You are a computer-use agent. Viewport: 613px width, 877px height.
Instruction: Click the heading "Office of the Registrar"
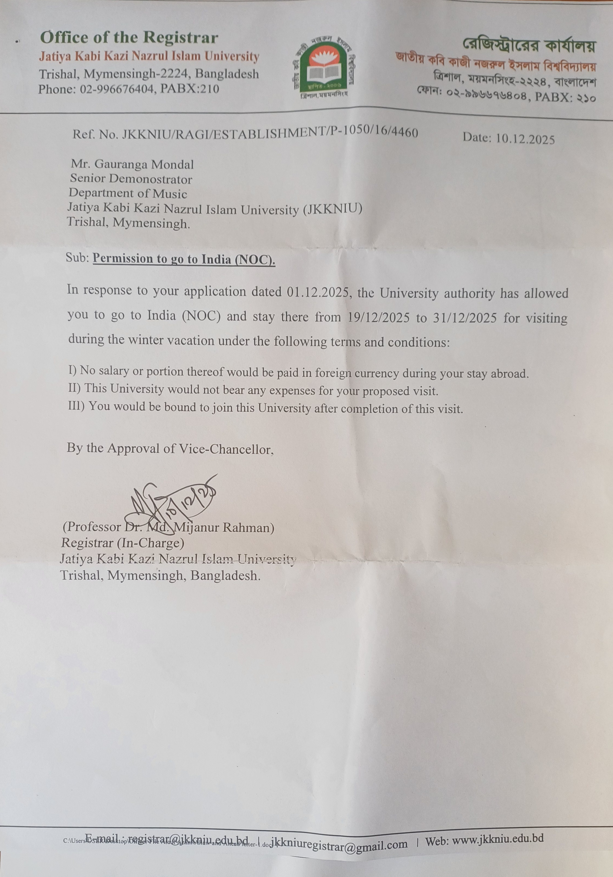coord(129,38)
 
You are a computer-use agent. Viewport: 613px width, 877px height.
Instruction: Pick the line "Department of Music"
coord(128,193)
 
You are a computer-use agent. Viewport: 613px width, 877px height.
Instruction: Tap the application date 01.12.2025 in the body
coord(318,292)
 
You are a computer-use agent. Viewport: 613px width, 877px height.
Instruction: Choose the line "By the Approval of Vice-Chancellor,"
coord(171,448)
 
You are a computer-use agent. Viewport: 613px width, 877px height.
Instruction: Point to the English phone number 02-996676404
coord(116,89)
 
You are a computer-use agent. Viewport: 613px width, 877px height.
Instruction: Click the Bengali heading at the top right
coord(529,46)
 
